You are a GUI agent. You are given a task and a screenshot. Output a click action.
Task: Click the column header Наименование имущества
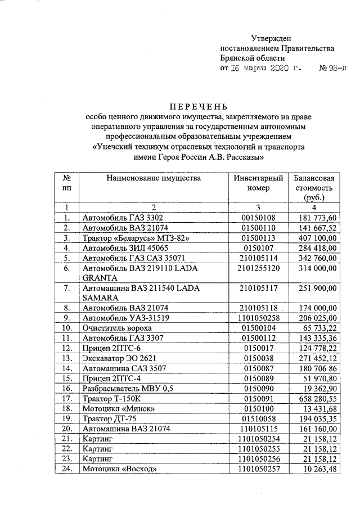[x=152, y=178]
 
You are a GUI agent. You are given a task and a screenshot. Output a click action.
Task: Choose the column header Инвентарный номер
[x=259, y=183]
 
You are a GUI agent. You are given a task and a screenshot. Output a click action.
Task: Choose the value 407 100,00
[x=317, y=238]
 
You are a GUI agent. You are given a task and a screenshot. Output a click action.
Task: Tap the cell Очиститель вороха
[x=116, y=327]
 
